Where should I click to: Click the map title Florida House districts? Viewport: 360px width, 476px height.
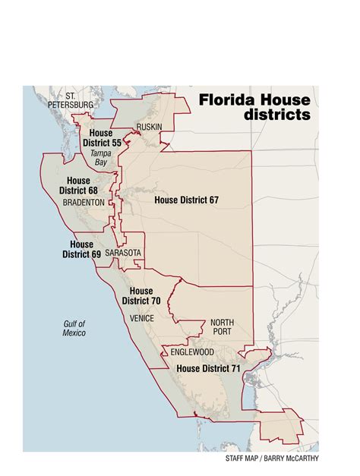tap(254, 107)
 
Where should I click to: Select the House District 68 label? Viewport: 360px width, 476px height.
tap(81, 186)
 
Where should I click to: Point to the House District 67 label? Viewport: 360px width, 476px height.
tap(186, 200)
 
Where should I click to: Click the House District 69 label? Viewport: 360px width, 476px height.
tap(81, 249)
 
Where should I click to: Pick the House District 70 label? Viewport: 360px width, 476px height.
tap(141, 296)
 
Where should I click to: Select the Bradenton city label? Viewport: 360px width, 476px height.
tap(84, 203)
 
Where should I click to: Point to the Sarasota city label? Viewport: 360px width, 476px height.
tap(123, 252)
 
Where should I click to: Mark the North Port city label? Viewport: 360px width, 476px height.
tap(223, 327)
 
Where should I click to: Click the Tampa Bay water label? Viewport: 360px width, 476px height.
tap(101, 157)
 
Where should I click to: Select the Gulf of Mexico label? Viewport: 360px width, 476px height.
tap(74, 328)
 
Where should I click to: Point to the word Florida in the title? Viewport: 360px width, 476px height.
tap(226, 99)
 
